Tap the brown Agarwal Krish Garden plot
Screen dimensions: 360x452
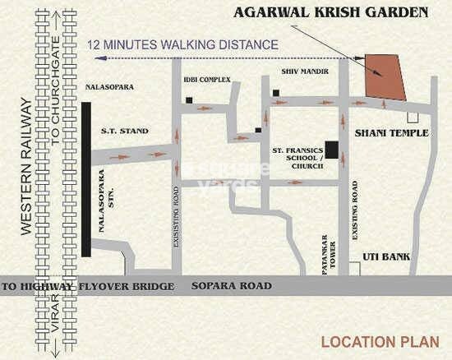385,77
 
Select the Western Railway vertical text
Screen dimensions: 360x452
25,168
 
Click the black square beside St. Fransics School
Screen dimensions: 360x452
331,150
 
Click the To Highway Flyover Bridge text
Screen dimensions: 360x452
88,286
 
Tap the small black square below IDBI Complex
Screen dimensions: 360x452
189,101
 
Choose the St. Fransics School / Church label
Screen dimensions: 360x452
297,159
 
